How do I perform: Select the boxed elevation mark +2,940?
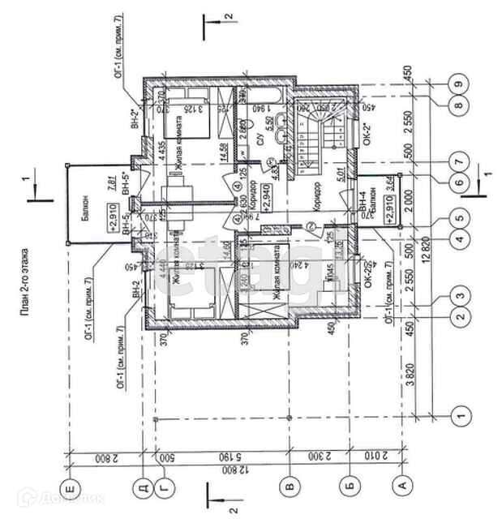[x=260, y=194]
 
